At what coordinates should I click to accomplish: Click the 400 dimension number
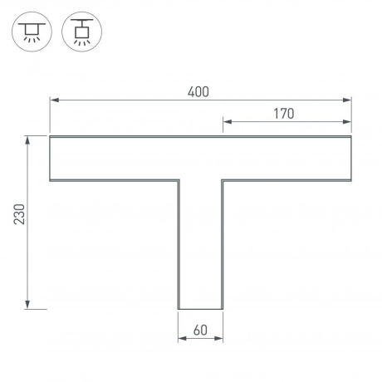[x=198, y=91]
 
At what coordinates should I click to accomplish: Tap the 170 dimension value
[x=283, y=114]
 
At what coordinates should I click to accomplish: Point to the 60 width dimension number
[x=200, y=330]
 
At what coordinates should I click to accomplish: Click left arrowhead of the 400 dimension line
[x=54, y=100]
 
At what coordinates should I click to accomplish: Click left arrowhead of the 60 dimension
[x=182, y=339]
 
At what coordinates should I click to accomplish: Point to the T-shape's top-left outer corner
[x=50, y=136]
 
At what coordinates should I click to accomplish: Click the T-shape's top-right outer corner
[x=351, y=136]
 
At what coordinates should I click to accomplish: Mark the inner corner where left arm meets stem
[x=179, y=180]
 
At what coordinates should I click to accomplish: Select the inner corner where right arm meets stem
[x=223, y=180]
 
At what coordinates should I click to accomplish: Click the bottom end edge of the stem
[x=200, y=309]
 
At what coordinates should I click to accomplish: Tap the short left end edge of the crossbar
[x=50, y=158]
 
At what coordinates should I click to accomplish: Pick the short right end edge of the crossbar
[x=351, y=158]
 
